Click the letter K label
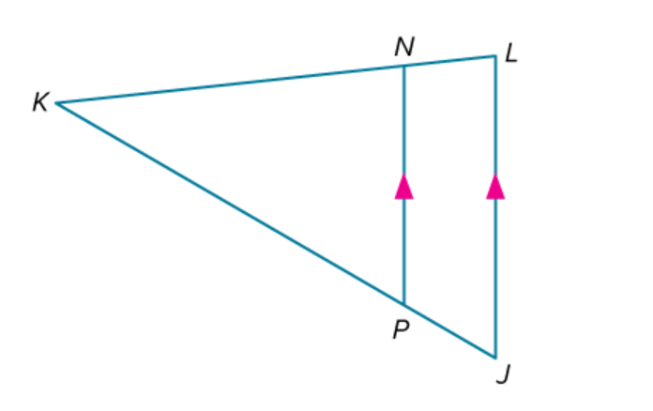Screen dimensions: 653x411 click(41, 102)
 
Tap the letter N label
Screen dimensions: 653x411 click(404, 47)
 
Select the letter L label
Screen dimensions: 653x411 click(511, 53)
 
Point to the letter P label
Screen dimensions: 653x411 click(401, 329)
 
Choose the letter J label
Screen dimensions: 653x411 click(504, 374)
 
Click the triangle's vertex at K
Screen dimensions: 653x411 click(56, 103)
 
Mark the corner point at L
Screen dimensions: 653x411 click(495, 55)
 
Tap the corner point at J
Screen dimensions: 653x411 click(495, 358)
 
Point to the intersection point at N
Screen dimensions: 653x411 click(404, 66)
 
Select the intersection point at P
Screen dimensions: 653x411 click(404, 305)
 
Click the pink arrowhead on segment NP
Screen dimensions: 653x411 click(404, 187)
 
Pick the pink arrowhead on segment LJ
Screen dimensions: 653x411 click(495, 187)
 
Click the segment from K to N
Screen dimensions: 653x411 click(230, 84)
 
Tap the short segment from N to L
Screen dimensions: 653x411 click(449, 61)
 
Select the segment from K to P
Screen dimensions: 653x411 click(230, 204)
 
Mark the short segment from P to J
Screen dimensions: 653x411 click(449, 331)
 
